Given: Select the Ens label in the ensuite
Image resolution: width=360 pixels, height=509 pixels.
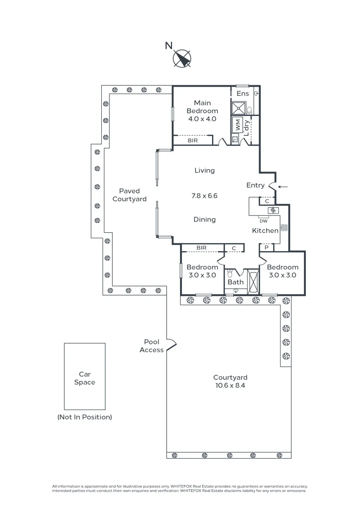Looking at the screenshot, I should [243, 94].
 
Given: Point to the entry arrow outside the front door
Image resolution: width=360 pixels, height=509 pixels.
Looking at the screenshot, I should [283, 187].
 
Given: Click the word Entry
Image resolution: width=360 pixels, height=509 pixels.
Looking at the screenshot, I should [255, 185].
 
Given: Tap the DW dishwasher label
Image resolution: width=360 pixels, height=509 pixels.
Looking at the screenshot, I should [263, 221].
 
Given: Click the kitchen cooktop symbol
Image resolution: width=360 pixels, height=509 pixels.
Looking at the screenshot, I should [284, 228].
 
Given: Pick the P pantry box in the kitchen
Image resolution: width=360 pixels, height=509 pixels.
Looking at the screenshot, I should [267, 247].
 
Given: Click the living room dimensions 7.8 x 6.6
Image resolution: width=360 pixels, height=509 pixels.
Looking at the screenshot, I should [204, 196].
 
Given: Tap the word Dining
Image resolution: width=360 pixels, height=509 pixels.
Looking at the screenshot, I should [205, 219].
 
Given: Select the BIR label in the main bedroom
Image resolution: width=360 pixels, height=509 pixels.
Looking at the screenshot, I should [193, 140].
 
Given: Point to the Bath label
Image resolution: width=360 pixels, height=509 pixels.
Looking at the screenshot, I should [236, 282].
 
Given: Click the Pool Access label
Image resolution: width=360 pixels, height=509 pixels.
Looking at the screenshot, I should [152, 346].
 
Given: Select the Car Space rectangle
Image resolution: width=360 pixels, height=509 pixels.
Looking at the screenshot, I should [85, 376].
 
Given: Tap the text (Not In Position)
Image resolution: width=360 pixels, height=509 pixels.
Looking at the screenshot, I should [85, 417].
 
